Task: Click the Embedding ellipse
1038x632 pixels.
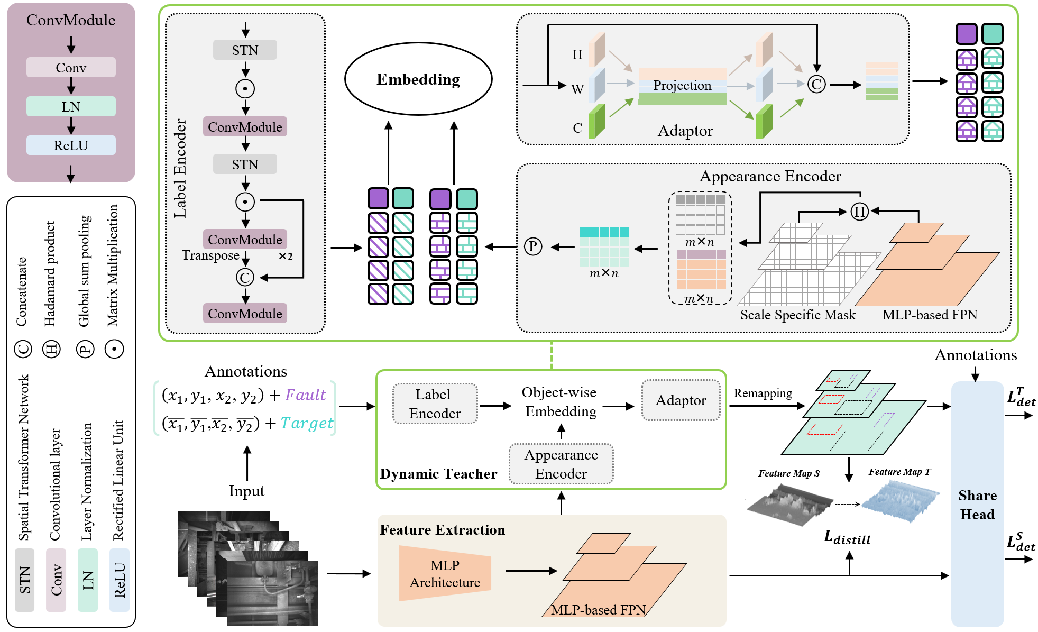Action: [418, 79]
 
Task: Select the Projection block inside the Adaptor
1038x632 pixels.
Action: [682, 86]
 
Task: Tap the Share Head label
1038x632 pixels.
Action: [977, 505]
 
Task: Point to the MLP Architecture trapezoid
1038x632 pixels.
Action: [445, 574]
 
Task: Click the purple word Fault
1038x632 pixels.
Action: [306, 395]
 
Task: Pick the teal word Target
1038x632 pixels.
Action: [307, 423]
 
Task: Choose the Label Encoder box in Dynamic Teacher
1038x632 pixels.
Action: [435, 404]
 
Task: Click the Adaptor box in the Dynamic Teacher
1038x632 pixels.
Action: [681, 400]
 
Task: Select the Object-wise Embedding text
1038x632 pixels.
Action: [559, 402]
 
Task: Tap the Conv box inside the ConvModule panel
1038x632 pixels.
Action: [71, 68]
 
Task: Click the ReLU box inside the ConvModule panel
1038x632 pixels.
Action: [71, 145]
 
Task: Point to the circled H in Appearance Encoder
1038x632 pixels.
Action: [859, 212]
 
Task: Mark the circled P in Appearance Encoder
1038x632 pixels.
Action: [533, 246]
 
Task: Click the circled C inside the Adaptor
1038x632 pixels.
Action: [816, 84]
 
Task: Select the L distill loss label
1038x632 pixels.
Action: [847, 538]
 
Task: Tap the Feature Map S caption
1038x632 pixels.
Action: [789, 473]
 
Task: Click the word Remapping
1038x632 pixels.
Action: [763, 393]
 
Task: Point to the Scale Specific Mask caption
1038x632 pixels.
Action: [797, 315]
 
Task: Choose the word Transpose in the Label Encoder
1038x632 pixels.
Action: [210, 255]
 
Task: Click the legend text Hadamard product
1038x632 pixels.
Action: [50, 273]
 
